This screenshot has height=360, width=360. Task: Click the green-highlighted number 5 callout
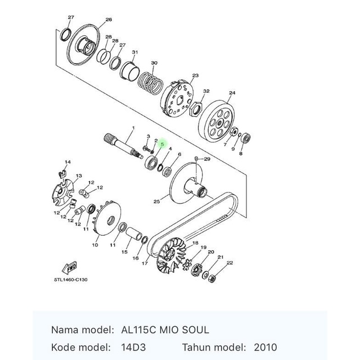[162, 145]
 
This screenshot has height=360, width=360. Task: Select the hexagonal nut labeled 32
[199, 106]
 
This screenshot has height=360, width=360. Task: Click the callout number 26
[109, 20]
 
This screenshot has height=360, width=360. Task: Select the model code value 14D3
[133, 347]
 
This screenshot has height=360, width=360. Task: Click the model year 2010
[265, 347]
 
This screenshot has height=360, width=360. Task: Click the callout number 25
[157, 201]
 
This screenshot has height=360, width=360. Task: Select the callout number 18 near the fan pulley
[195, 243]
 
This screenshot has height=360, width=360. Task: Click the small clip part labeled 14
[64, 170]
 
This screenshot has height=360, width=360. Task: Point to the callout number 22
[229, 263]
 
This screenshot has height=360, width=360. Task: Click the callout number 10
[95, 245]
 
